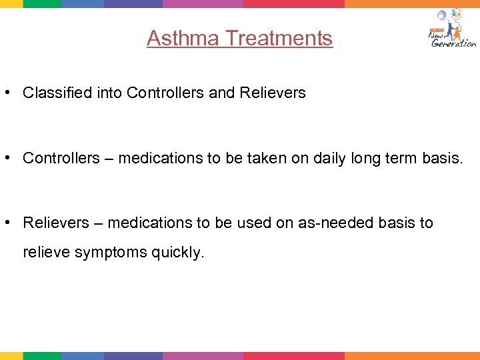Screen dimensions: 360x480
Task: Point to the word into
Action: (106, 93)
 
